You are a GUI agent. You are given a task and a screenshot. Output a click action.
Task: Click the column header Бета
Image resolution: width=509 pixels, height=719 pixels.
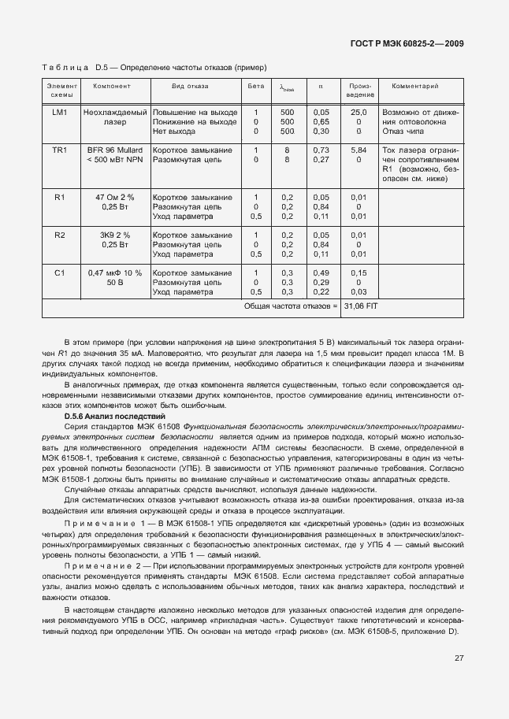pos(255,85)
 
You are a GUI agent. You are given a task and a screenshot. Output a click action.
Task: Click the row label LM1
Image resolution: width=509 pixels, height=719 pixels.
pos(60,113)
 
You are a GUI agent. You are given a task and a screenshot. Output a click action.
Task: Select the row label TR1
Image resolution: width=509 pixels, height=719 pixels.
pos(60,150)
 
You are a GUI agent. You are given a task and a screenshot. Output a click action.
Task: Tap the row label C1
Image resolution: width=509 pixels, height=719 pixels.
pos(60,272)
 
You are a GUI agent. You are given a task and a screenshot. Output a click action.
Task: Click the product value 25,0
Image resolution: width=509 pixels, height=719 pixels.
pos(359,113)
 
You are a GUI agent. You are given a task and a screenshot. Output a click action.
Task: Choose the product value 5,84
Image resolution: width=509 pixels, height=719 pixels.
pos(359,150)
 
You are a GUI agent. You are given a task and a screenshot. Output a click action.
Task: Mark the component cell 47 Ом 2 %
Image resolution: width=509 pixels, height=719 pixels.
pos(114,197)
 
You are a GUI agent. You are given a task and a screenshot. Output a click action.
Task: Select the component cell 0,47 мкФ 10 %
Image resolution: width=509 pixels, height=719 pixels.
pos(114,272)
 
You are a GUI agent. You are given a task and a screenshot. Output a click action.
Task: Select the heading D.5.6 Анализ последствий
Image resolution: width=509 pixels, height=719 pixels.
pos(114,415)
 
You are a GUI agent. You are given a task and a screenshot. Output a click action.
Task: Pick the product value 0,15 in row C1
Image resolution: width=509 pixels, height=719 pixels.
pos(359,272)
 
